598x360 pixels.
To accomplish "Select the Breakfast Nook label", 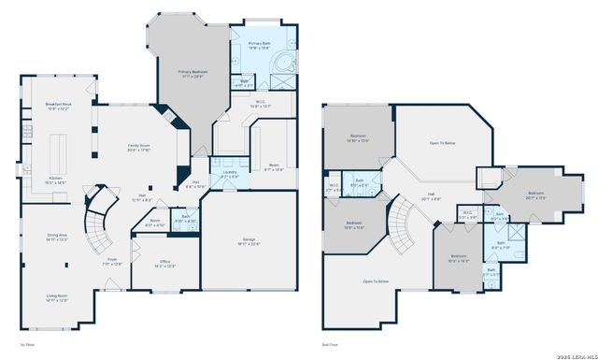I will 59,106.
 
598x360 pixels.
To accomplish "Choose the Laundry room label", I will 227,173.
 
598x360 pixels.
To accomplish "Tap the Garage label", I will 247,240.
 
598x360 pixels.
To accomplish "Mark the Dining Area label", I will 59,237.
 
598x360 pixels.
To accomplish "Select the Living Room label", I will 58,298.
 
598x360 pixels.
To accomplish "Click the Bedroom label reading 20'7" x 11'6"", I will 535,195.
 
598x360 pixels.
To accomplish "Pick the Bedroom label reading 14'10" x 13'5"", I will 358,138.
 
